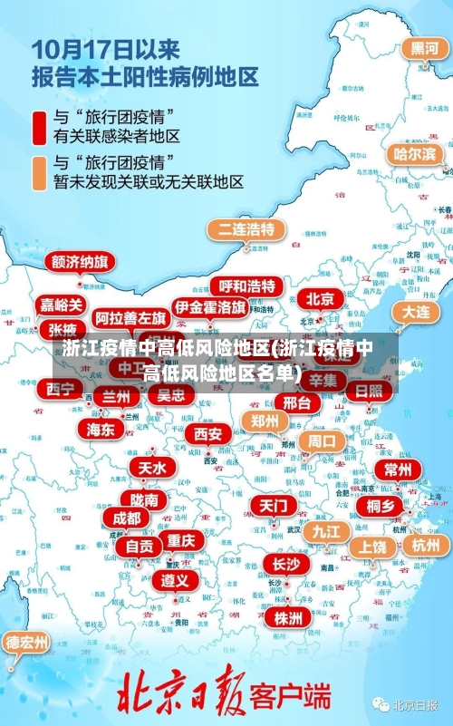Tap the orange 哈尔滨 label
(414, 154)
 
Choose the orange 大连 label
(416, 312)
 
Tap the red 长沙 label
(285, 565)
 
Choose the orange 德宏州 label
(28, 644)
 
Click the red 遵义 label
(176, 579)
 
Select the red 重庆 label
(181, 539)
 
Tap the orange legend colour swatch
(39, 172)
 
